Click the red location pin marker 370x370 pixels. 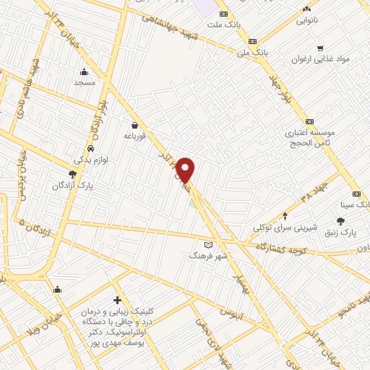(x=186, y=169)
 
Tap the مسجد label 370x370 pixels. (x=85, y=82)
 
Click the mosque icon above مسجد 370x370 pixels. (x=85, y=72)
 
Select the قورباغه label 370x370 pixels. (x=135, y=135)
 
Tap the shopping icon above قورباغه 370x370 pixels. (x=135, y=124)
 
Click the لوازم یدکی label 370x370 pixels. (x=90, y=160)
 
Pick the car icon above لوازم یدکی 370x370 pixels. (x=89, y=150)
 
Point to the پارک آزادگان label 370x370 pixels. (x=73, y=186)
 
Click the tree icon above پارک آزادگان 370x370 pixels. (x=72, y=174)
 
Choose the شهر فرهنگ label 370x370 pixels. (x=208, y=256)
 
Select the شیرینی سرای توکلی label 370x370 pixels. (x=285, y=228)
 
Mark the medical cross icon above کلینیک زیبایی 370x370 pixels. (x=117, y=300)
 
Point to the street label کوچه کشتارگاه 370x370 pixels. (x=290, y=249)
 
